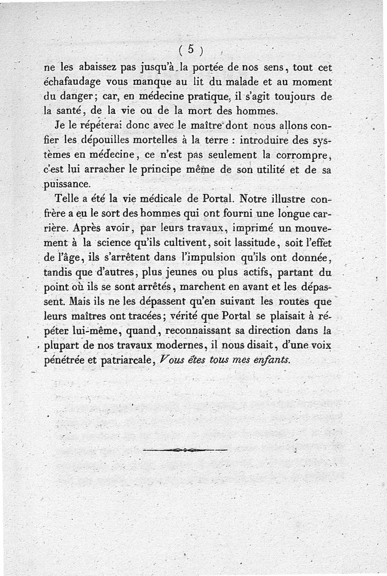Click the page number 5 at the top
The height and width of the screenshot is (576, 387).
(191, 49)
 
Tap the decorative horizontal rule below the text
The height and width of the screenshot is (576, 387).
(185, 450)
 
